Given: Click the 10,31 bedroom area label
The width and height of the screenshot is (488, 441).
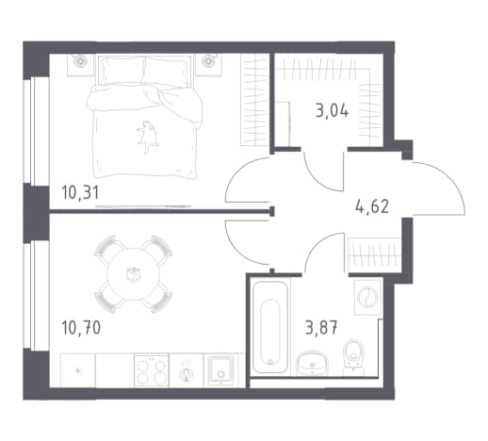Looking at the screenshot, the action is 80,192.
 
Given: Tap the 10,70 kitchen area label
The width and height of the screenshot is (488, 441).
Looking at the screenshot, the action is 81,327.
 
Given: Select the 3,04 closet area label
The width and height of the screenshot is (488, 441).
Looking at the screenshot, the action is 333,111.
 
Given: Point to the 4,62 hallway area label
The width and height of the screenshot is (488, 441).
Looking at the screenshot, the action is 372,206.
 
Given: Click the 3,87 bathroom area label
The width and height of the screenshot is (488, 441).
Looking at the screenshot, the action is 321,328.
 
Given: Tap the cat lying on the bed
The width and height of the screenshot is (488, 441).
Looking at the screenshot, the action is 147,137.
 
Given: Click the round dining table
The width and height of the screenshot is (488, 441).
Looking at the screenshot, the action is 134,274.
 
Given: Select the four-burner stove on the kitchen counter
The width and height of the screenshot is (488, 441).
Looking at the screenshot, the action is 152,370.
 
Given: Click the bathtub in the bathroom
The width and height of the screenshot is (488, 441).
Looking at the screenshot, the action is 270,327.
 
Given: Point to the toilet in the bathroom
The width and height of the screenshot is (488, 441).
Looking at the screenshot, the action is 353,357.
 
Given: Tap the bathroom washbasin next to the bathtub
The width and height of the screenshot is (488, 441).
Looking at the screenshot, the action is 312,363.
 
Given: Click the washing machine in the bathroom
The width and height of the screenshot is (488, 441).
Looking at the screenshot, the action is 367,297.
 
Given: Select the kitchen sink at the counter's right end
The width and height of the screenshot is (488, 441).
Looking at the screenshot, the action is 221,370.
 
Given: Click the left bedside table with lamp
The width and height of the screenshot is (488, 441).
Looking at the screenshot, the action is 81,65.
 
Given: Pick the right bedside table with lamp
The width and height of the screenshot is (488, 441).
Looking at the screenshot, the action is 209,65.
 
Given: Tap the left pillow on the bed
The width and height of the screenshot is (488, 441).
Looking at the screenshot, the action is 122,70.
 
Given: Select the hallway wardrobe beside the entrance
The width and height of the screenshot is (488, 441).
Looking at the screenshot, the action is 374,254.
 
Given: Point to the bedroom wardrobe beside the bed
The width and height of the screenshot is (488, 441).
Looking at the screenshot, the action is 253,100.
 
